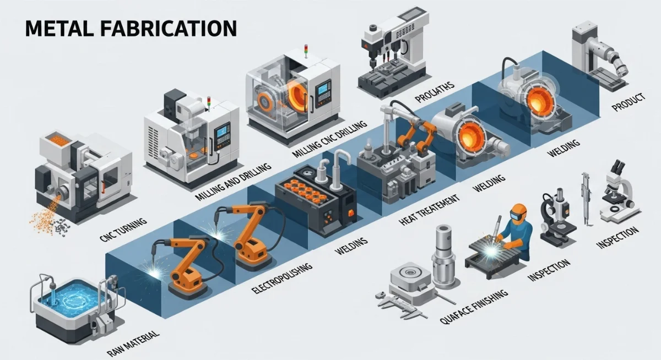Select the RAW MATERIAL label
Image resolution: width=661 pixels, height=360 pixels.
(x=133, y=343)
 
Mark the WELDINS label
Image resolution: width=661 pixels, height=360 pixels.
(x=351, y=247)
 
